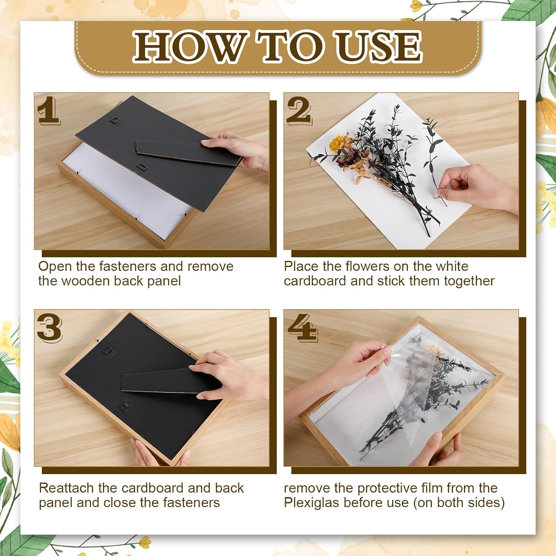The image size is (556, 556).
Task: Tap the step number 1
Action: pyautogui.click(x=48, y=110)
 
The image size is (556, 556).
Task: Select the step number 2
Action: pyautogui.click(x=299, y=110)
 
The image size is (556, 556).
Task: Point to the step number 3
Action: pyautogui.click(x=49, y=327)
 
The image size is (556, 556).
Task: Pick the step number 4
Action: pyautogui.click(x=303, y=327)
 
